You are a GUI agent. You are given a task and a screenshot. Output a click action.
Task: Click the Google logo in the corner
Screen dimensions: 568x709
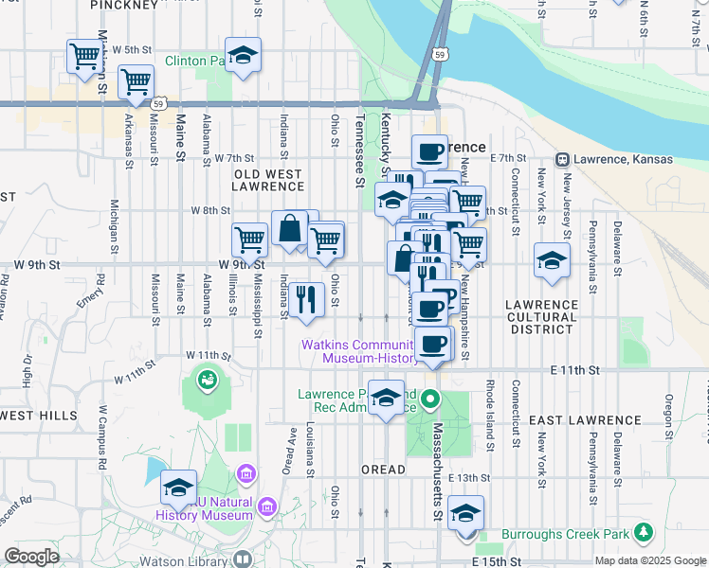[31, 557]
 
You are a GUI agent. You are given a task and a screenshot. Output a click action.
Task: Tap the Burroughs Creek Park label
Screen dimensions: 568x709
[565, 534]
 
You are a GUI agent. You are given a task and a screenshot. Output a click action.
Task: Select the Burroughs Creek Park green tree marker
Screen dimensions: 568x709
[645, 532]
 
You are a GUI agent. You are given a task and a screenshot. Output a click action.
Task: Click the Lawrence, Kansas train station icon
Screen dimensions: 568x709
[562, 159]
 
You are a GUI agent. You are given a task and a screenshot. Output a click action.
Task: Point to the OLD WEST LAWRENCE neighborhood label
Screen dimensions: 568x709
[269, 180]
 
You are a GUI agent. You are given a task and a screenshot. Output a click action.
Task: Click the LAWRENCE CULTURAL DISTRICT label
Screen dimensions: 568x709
[541, 316]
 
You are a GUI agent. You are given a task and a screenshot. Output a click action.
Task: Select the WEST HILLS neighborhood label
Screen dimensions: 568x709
[40, 416]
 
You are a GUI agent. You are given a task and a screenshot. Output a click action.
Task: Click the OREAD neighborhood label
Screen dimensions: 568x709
[383, 470]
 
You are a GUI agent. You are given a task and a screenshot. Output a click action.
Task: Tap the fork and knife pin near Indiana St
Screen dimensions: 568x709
[304, 299]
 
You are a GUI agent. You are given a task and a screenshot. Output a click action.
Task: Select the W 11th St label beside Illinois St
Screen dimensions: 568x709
[210, 356]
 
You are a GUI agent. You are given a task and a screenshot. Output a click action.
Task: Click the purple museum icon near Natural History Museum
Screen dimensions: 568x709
[246, 472]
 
